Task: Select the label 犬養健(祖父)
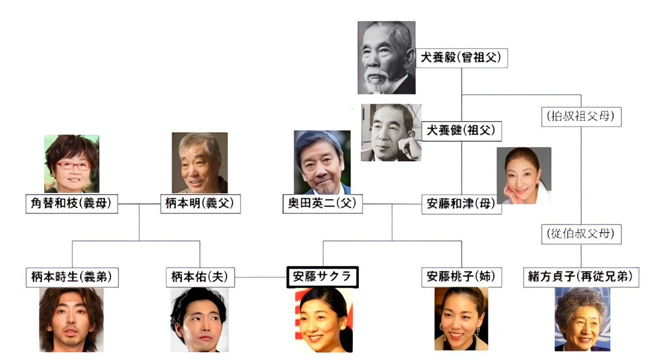[x=461, y=131]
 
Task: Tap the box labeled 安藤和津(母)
[x=461, y=204]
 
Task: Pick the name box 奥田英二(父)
[x=322, y=204]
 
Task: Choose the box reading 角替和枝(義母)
[x=72, y=204]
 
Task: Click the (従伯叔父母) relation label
[x=581, y=233]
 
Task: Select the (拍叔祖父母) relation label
[x=581, y=116]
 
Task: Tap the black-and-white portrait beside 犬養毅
[x=386, y=57]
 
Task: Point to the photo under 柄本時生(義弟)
[x=71, y=320]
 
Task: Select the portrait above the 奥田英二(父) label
[x=322, y=162]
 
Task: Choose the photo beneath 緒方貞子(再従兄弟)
[x=581, y=320]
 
